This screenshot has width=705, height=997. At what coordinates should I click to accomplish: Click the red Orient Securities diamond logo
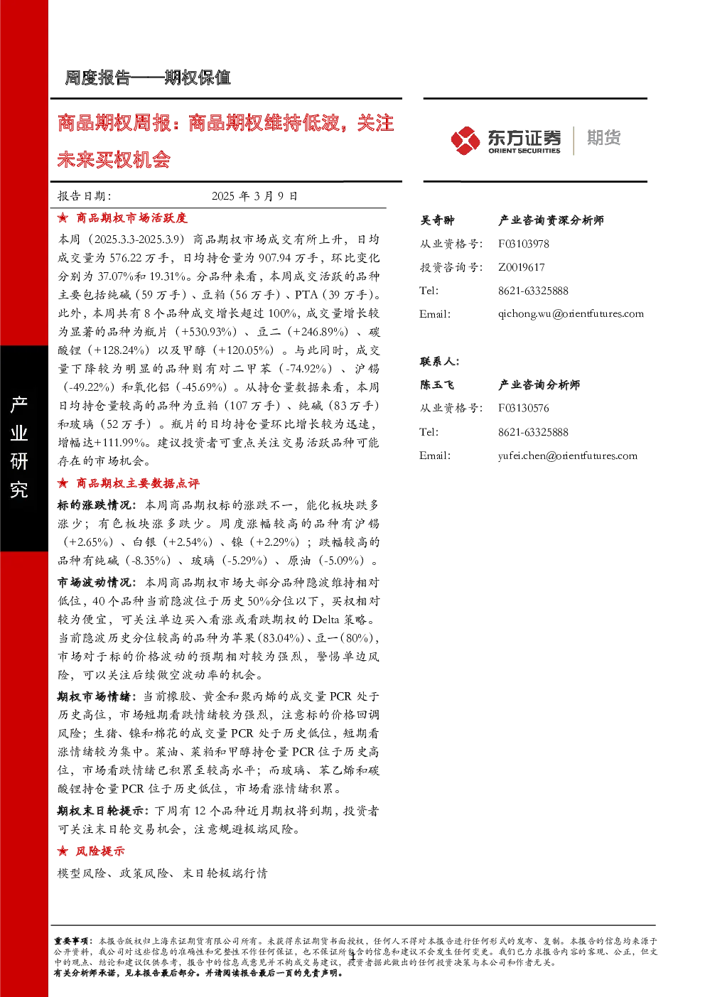point(465,140)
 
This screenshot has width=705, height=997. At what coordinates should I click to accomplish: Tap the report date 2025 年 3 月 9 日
point(254,196)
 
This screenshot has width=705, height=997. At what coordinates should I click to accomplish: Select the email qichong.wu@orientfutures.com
point(571,314)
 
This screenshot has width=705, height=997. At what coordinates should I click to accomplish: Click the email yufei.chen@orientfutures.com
point(567,456)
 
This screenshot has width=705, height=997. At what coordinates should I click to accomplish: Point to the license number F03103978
point(523,244)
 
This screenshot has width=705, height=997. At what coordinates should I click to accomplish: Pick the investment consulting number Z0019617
point(521,267)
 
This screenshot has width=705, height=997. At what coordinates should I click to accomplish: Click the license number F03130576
point(523,408)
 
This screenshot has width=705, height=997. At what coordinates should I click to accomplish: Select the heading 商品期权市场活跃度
point(131,218)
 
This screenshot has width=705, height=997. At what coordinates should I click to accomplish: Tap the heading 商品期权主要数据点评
point(138,483)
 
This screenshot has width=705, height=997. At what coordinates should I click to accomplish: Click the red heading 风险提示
point(100,851)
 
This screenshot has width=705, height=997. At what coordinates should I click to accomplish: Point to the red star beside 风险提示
point(63,851)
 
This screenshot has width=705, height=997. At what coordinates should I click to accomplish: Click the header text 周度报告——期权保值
point(148,78)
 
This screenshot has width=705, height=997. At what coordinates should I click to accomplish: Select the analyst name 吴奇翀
point(437,220)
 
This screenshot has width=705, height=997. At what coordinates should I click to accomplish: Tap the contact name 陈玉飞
point(437,384)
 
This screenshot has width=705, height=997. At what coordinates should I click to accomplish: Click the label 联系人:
point(440,362)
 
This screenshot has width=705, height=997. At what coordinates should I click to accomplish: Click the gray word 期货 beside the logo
point(604,138)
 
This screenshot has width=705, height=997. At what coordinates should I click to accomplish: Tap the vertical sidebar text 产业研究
point(19,446)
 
